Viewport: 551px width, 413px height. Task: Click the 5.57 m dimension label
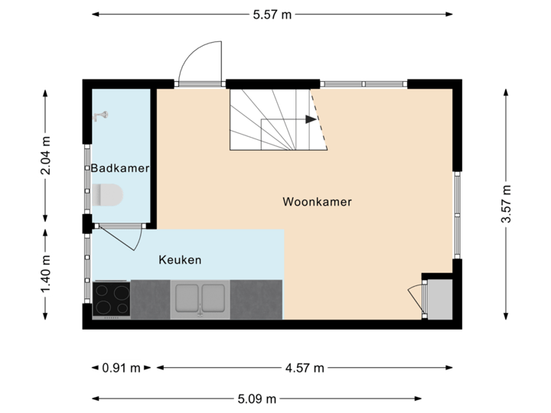click(273, 15)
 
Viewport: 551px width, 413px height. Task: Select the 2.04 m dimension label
click(46, 155)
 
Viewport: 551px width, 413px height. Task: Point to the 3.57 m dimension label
click(505, 204)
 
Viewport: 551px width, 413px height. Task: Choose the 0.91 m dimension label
click(122, 368)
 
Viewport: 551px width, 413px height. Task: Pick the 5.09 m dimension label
click(256, 398)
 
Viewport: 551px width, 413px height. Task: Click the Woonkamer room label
click(317, 203)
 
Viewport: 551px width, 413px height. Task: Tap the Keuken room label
click(180, 260)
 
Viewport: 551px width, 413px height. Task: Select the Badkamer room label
click(119, 168)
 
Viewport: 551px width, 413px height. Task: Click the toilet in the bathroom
click(109, 196)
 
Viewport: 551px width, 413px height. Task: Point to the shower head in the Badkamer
click(99, 116)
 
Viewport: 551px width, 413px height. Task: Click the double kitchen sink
click(201, 298)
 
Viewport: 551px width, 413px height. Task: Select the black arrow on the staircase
click(309, 119)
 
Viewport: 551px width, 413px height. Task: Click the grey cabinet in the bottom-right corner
click(440, 299)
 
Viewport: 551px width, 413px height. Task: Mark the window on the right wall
click(458, 215)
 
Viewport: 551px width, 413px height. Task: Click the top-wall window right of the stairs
click(363, 83)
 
